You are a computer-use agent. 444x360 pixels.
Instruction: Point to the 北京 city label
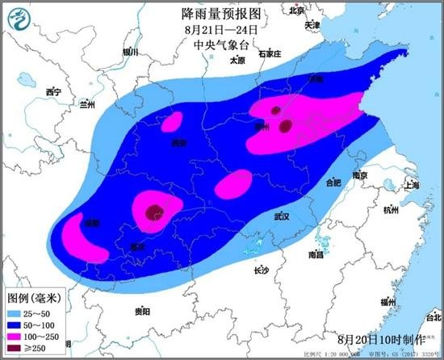tap(297, 10)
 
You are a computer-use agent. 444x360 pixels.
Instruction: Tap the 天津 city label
tap(312, 26)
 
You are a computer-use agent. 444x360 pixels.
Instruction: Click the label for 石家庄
tap(269, 54)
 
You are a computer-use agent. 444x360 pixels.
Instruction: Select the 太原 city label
tap(237, 60)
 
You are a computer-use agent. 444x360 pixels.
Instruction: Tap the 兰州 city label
tap(87, 105)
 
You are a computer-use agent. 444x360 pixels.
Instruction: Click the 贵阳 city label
tap(142, 311)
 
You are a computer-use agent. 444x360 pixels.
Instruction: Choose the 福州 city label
tap(387, 301)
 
